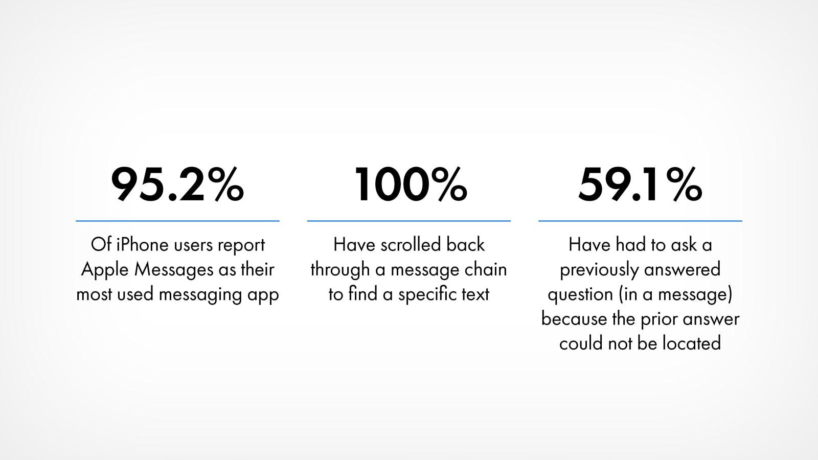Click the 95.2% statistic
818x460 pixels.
tap(177, 184)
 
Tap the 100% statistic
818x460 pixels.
tap(411, 184)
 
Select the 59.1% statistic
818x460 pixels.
tap(640, 184)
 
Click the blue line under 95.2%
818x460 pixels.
tap(177, 221)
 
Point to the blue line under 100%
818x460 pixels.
tap(408, 221)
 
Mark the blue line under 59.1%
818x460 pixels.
tap(640, 221)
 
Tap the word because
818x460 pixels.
tap(574, 319)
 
